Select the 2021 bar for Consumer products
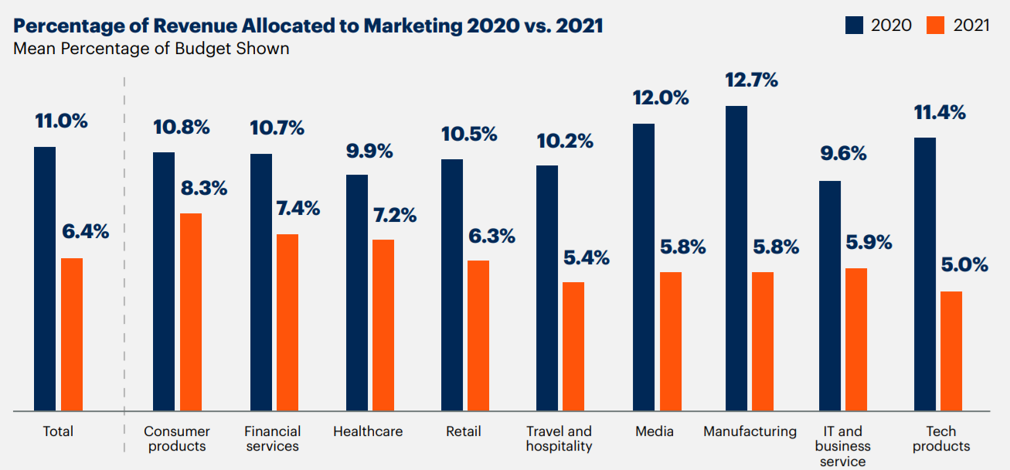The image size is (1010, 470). click(191, 312)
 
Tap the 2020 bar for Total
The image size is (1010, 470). click(45, 278)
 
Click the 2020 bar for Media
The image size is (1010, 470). click(644, 267)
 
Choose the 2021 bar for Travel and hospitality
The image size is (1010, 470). click(573, 346)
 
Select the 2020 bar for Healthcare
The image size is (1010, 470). click(357, 292)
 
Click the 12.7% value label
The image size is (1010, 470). click(751, 80)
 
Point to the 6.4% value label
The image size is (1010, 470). click(86, 231)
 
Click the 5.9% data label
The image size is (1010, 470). click(869, 243)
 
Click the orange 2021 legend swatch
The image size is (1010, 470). click(936, 26)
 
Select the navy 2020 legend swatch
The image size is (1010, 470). click(854, 26)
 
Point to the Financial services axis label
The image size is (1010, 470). click(272, 438)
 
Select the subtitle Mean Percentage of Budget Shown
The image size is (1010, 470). click(151, 49)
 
